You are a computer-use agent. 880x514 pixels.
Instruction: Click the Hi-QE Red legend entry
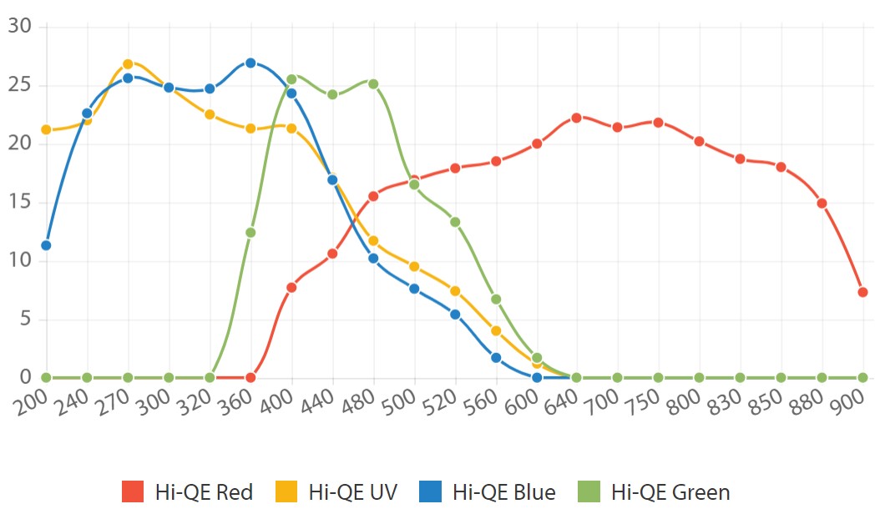point(187,491)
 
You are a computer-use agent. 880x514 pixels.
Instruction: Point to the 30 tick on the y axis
point(19,27)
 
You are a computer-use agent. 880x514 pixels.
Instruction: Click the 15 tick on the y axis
point(19,202)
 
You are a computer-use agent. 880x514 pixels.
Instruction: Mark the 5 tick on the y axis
point(24,319)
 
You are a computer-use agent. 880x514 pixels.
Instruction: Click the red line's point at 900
point(862,292)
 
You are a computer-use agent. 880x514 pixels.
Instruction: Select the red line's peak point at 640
point(576,118)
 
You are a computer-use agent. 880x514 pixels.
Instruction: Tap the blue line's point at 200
point(46,245)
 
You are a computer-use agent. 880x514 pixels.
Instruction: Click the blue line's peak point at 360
point(250,63)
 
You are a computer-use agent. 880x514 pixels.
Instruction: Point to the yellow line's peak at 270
point(128,63)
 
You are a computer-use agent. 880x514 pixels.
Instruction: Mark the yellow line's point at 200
point(46,129)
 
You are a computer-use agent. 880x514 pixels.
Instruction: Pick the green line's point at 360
point(250,233)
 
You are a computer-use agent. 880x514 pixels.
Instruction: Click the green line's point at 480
point(373,83)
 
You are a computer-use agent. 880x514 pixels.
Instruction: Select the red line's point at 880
point(822,203)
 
